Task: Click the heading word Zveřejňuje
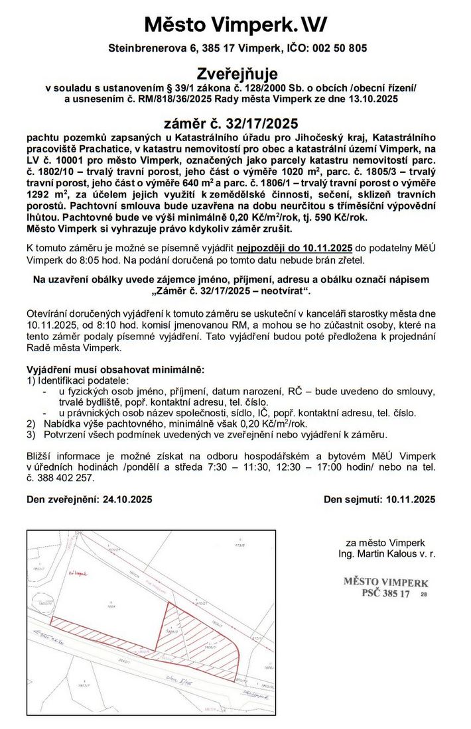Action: [x=237, y=73]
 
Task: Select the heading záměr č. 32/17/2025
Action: [x=231, y=123]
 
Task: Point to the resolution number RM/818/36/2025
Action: [x=168, y=99]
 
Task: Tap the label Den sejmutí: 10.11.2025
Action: [x=379, y=500]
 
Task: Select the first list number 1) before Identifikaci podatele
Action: [x=31, y=381]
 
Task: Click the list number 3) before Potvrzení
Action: [x=31, y=435]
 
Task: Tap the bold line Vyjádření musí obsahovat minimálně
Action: [x=115, y=369]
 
